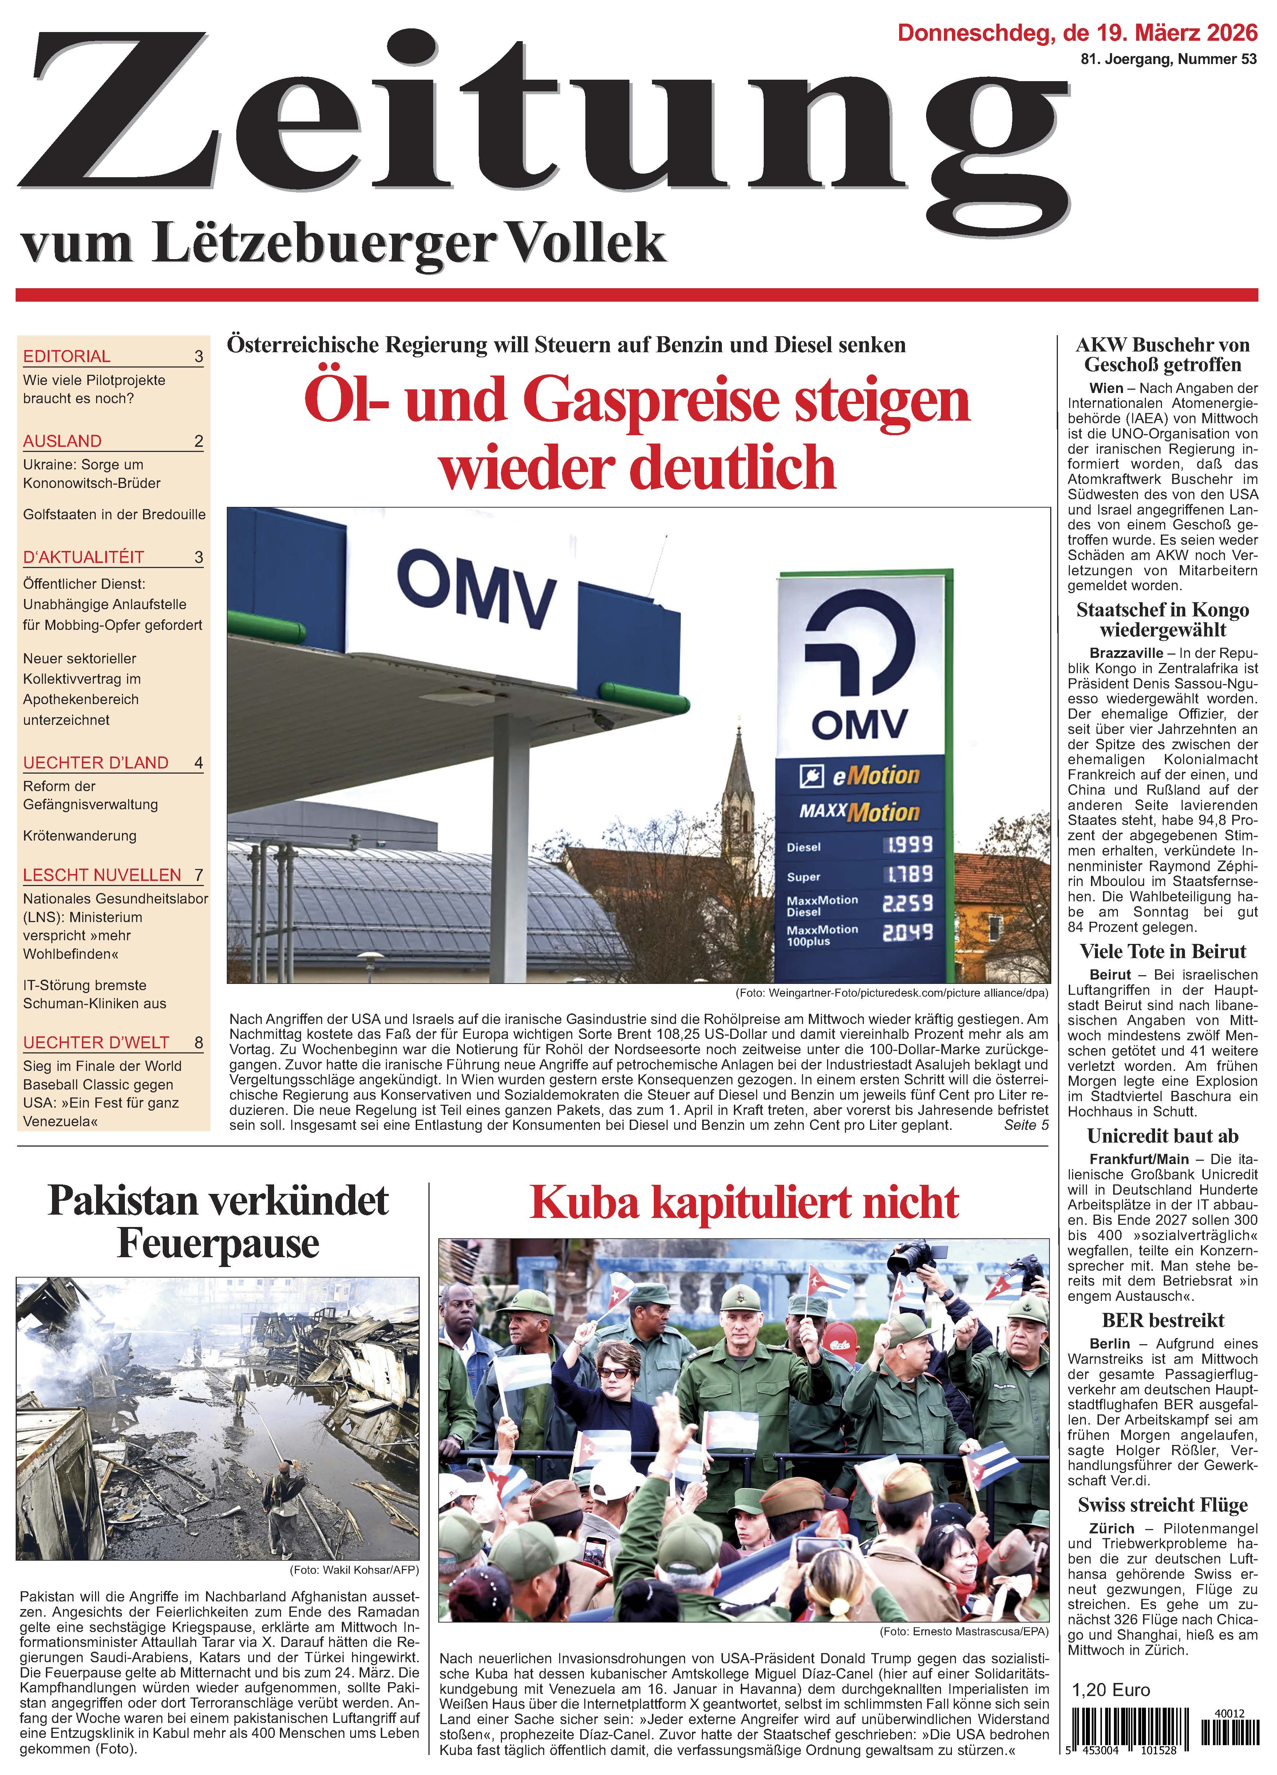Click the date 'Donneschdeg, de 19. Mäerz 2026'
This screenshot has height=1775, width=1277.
click(x=1078, y=33)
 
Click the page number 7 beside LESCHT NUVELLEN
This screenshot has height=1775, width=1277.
click(x=199, y=875)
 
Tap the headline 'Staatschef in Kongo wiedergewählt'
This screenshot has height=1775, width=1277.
click(x=1163, y=620)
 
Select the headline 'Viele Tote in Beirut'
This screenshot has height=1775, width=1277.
click(x=1163, y=952)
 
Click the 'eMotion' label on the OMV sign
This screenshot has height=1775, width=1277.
click(x=875, y=775)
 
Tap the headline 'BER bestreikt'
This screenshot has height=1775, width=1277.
click(x=1163, y=1320)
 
